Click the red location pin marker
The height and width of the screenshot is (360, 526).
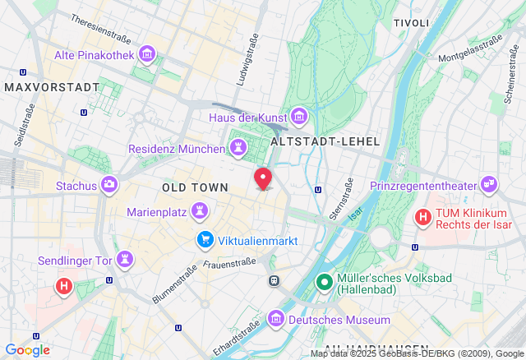(263, 178)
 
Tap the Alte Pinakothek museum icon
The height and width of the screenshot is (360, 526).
(147, 54)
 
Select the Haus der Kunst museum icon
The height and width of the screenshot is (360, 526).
(298, 118)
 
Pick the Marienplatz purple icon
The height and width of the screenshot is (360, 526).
(199, 212)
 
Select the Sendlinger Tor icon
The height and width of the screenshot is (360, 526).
(125, 260)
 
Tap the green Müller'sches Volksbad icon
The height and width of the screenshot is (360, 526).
(325, 284)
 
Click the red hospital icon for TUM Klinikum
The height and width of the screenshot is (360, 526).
(423, 218)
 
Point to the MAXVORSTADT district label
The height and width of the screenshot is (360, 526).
(51, 86)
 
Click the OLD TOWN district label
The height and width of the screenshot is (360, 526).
(195, 188)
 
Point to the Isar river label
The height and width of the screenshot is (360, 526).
(356, 212)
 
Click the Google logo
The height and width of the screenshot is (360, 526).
(27, 350)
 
